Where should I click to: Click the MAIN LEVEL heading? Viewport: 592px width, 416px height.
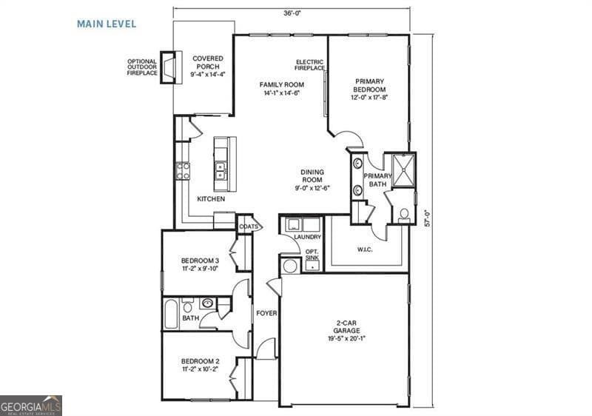[x=107, y=24]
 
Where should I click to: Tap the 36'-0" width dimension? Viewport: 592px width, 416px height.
[x=291, y=13]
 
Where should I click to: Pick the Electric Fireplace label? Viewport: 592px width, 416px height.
[x=310, y=65]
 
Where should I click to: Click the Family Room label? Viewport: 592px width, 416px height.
[x=282, y=89]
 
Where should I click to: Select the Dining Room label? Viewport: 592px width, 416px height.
[x=312, y=180]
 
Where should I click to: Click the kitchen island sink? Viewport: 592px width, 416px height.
[x=220, y=172]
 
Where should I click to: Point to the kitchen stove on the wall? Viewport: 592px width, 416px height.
[x=182, y=172]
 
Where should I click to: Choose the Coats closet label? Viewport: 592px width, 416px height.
[x=248, y=227]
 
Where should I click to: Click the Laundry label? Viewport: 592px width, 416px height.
[x=307, y=237]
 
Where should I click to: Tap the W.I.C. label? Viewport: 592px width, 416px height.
[x=363, y=249]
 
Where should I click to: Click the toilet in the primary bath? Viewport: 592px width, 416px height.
[x=403, y=215]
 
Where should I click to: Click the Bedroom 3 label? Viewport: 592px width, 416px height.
[x=200, y=264]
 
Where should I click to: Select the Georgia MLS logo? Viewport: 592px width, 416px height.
[x=31, y=406]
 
